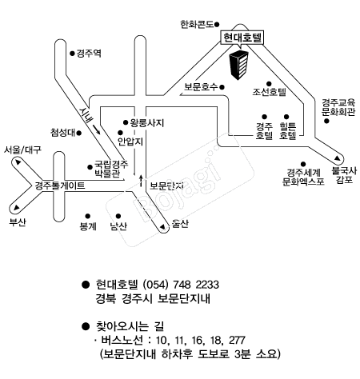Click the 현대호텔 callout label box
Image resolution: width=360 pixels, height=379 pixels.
(x=242, y=38)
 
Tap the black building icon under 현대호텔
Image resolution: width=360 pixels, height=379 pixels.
(x=239, y=65)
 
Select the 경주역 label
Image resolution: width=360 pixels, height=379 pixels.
(x=89, y=54)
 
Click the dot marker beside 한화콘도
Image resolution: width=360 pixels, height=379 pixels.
(x=217, y=25)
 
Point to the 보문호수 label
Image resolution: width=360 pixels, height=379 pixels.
(x=201, y=87)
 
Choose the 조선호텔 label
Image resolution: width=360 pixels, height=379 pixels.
(x=270, y=92)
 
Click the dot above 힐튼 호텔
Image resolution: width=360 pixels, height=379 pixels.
(x=286, y=117)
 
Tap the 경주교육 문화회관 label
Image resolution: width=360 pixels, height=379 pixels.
(x=338, y=107)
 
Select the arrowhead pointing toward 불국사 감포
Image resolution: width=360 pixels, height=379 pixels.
(x=338, y=158)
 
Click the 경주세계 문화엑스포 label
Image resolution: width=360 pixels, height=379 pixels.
(x=303, y=177)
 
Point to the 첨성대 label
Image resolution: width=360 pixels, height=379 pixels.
(x=63, y=133)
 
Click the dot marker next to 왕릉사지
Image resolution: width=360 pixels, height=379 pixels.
(x=126, y=122)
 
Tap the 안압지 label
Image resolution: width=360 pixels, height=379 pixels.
(x=130, y=142)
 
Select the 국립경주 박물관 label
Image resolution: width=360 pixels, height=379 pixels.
(x=107, y=169)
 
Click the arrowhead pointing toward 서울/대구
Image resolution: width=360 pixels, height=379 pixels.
(x=18, y=162)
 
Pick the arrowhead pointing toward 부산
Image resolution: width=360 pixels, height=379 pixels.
(x=17, y=207)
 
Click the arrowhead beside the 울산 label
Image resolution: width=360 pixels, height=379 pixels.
(x=162, y=227)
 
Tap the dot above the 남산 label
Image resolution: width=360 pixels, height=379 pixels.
(x=118, y=216)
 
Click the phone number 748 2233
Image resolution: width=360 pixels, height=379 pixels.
(x=196, y=285)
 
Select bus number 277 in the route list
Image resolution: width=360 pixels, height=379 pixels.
(x=237, y=341)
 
